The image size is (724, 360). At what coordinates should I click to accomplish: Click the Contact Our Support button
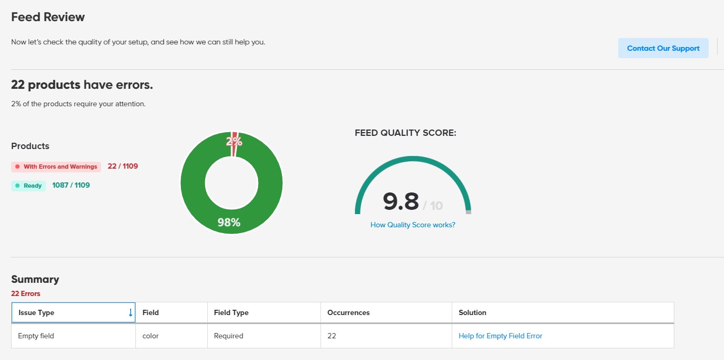pos(663,48)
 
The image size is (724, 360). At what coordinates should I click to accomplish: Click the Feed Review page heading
pos(48,17)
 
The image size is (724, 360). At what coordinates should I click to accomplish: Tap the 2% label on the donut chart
pos(234,142)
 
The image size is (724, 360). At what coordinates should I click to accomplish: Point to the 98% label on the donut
pos(229,223)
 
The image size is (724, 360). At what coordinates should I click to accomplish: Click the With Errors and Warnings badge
pos(57,167)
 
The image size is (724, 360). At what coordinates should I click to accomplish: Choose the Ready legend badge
pos(29,186)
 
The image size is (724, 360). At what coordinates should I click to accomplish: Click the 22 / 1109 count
pos(123,166)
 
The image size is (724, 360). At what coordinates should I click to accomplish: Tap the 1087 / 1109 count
pos(71,185)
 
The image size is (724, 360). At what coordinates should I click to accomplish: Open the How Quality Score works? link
pos(413,225)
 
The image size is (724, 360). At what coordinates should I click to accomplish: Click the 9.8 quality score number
pos(401,201)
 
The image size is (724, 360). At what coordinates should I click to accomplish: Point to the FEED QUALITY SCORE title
pos(405,133)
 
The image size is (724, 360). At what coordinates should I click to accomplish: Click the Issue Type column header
pos(36,312)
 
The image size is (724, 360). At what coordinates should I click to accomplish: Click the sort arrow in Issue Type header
pos(130,312)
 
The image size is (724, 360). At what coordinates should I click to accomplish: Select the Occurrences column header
pos(349,312)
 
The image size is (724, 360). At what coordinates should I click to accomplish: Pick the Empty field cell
pos(36,336)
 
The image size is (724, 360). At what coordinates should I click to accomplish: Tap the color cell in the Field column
pos(151,336)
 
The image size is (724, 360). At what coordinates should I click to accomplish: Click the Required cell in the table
pos(228,336)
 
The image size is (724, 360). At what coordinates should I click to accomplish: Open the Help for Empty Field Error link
pos(500,336)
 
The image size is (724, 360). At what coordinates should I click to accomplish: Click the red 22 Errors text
pos(25,293)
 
